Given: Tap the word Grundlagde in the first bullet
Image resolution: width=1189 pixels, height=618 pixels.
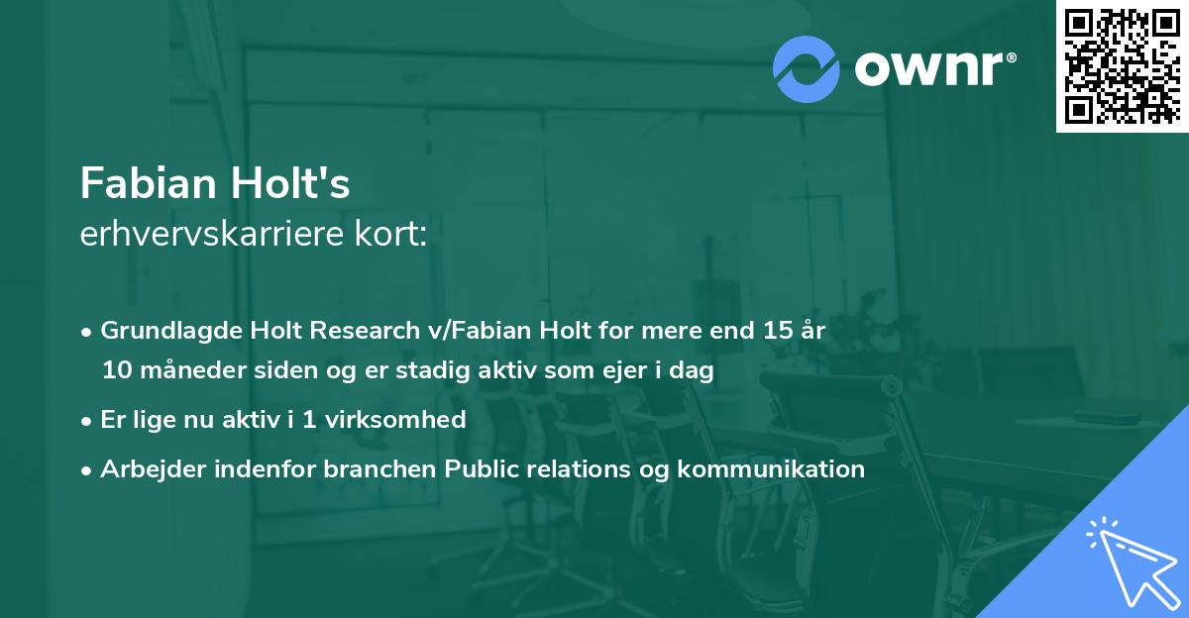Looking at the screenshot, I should (x=159, y=331).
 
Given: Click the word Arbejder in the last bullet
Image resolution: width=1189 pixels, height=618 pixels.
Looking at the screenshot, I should (x=146, y=468).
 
